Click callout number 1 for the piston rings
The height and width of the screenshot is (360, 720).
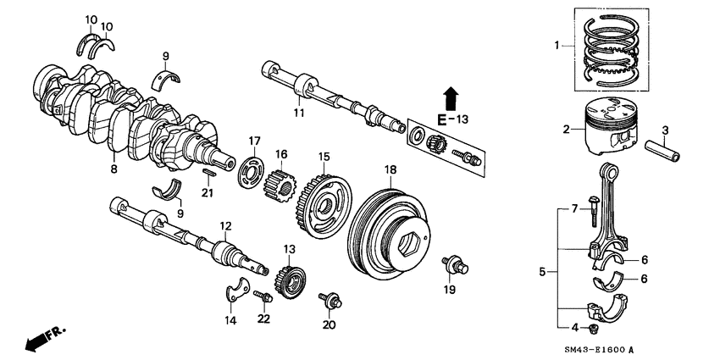click(557, 44)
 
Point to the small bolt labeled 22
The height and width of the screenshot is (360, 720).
click(263, 296)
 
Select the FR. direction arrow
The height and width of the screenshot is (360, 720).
click(38, 339)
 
